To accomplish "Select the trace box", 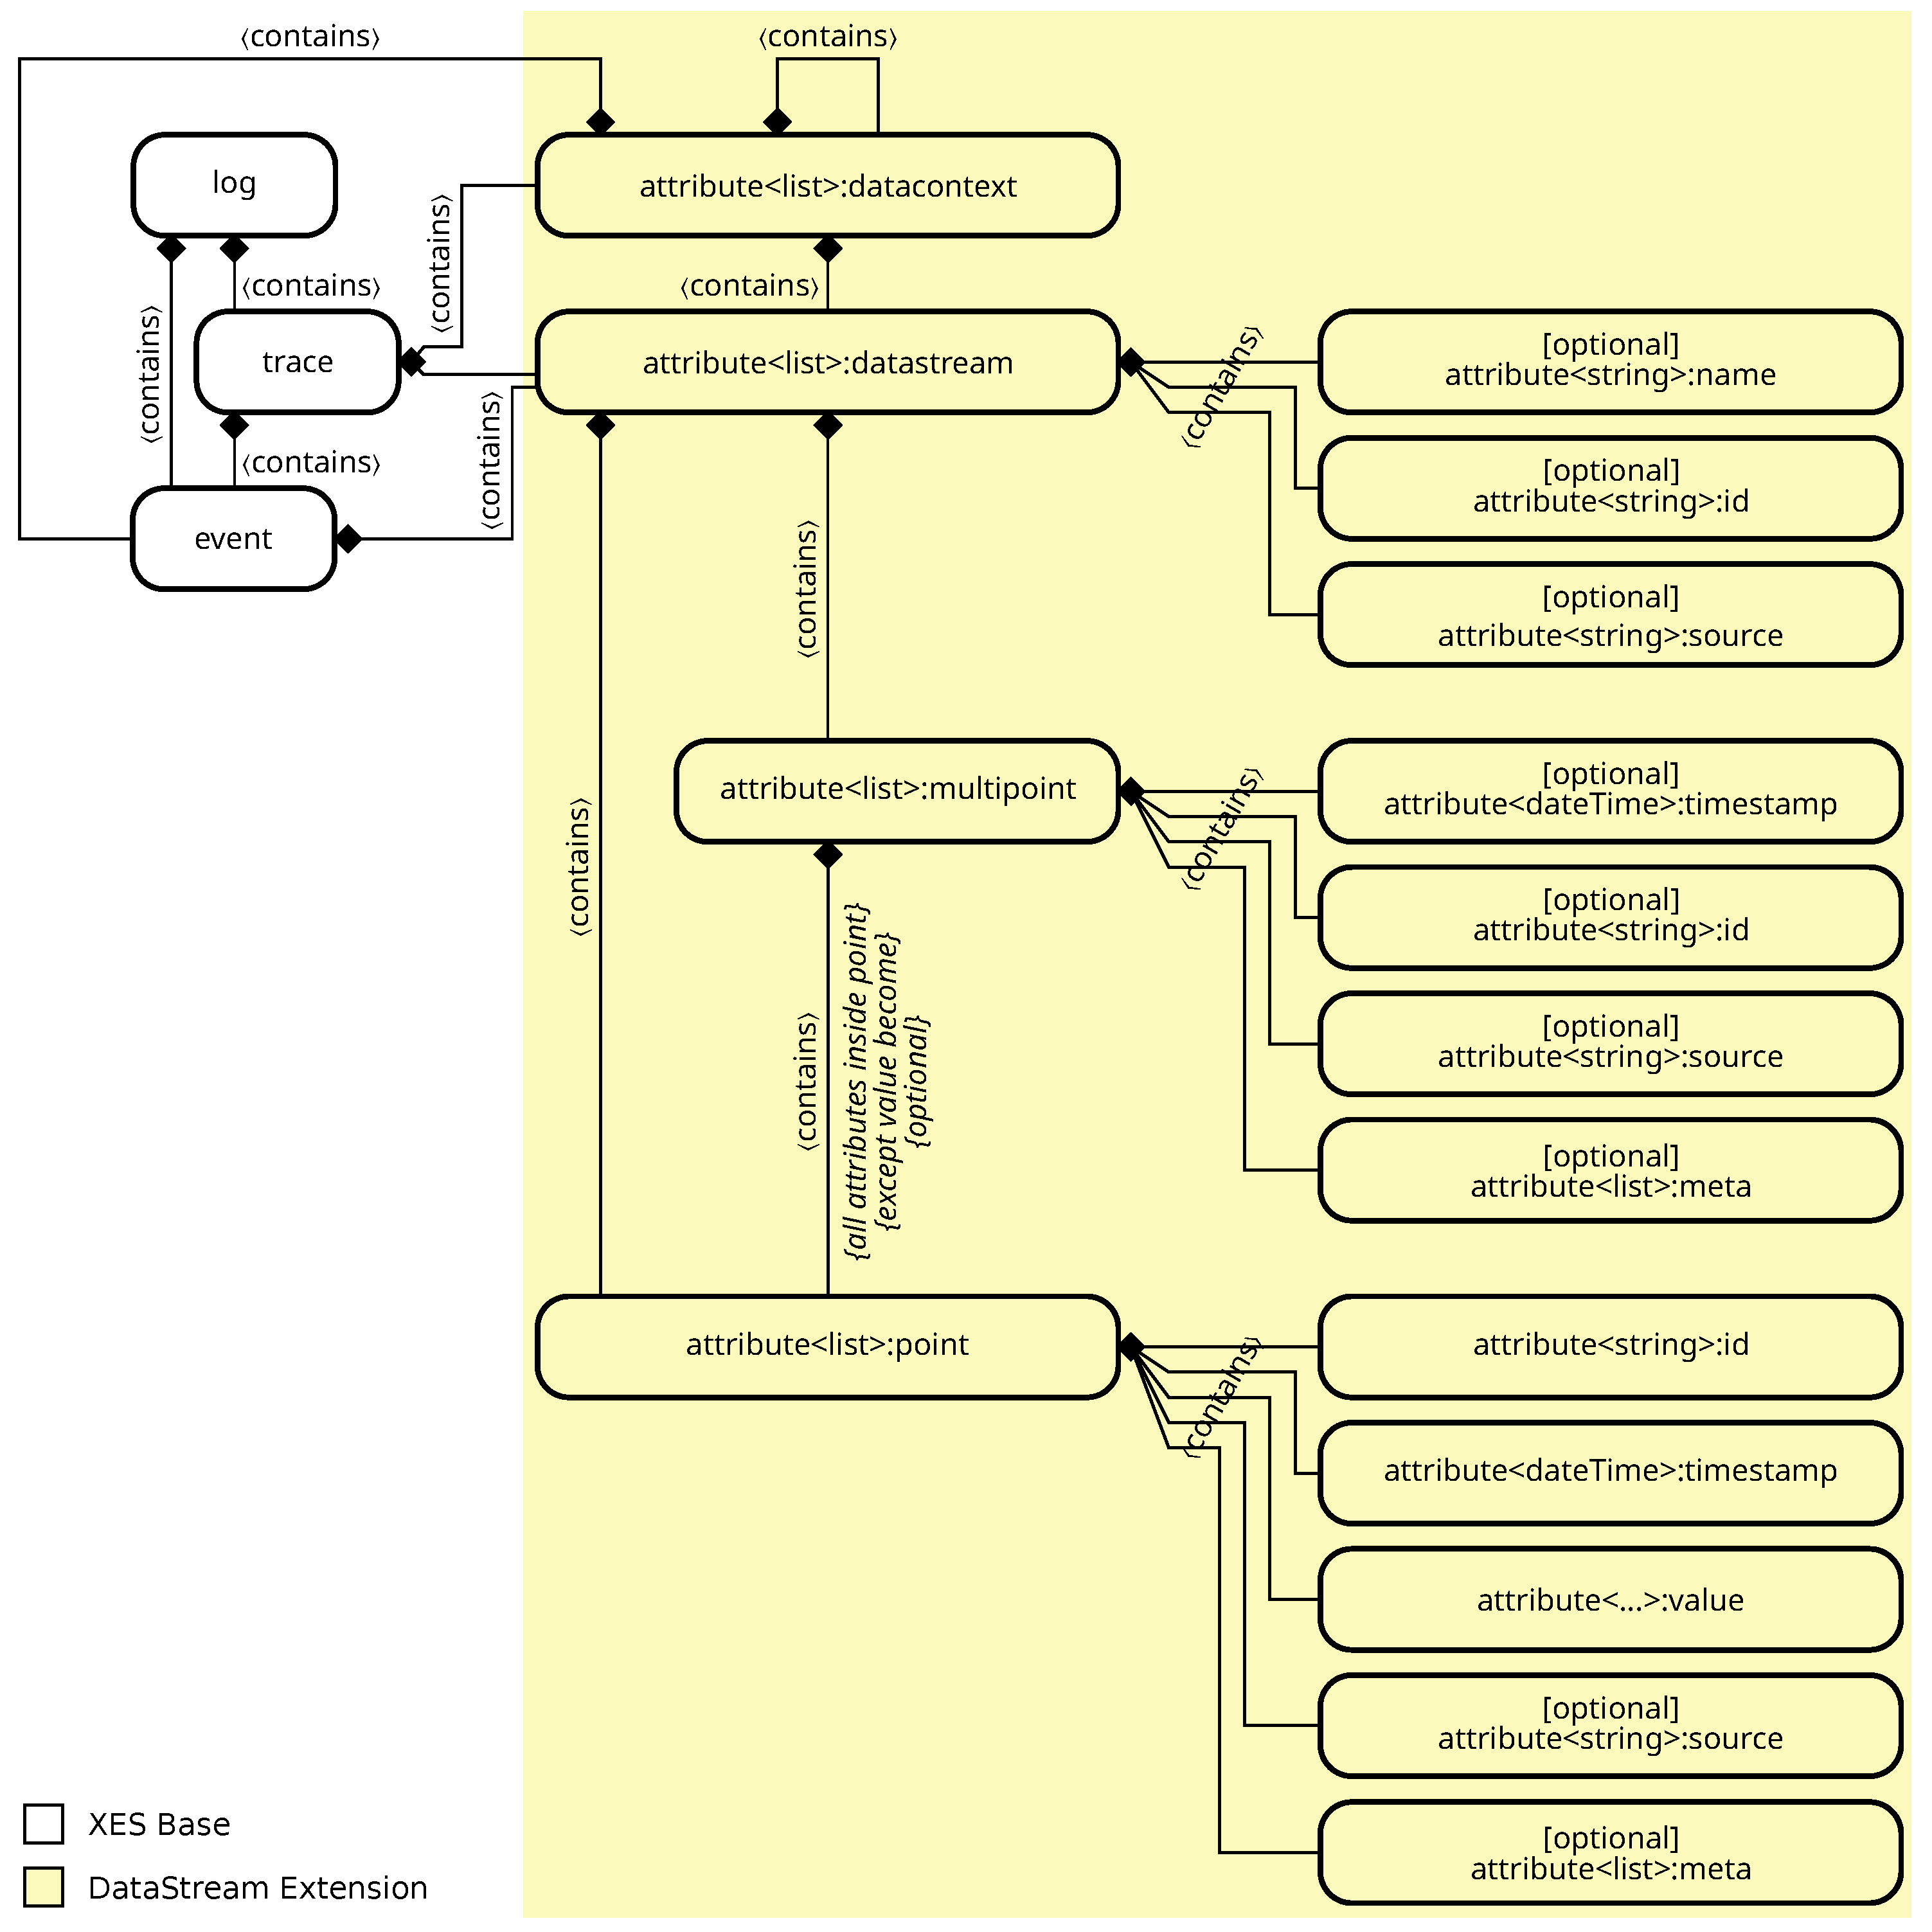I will point(297,362).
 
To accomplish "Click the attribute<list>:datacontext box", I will point(827,186).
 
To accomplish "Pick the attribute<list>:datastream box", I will point(827,362).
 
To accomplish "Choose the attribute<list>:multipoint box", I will point(897,790).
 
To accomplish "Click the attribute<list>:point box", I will point(827,1346).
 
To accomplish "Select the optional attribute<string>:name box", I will point(1610,361).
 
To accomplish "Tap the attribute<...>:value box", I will point(1610,1600).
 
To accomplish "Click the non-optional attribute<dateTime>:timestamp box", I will point(1610,1472).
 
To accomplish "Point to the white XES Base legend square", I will point(44,1824).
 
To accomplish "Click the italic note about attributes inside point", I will point(886,1080).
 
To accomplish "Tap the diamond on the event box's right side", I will point(348,539).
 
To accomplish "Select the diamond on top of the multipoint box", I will point(828,855).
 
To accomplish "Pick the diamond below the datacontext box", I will point(828,248).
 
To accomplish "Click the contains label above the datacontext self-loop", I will point(827,37).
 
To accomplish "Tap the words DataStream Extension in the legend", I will point(258,1888).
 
